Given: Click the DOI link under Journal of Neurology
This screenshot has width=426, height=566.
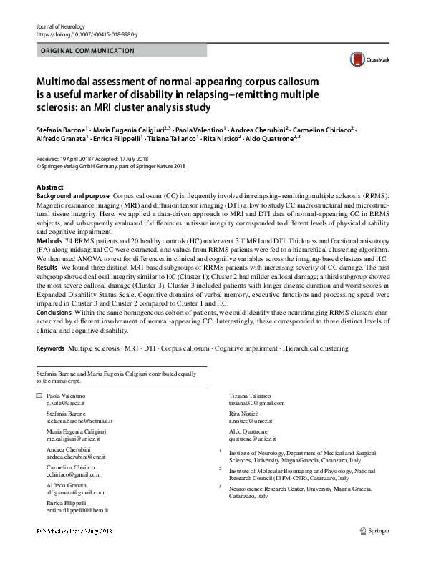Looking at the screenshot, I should [87, 34].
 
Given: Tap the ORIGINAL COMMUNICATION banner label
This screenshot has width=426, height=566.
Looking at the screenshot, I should [88, 51].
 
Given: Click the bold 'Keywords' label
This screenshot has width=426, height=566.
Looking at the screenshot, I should [50, 348].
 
